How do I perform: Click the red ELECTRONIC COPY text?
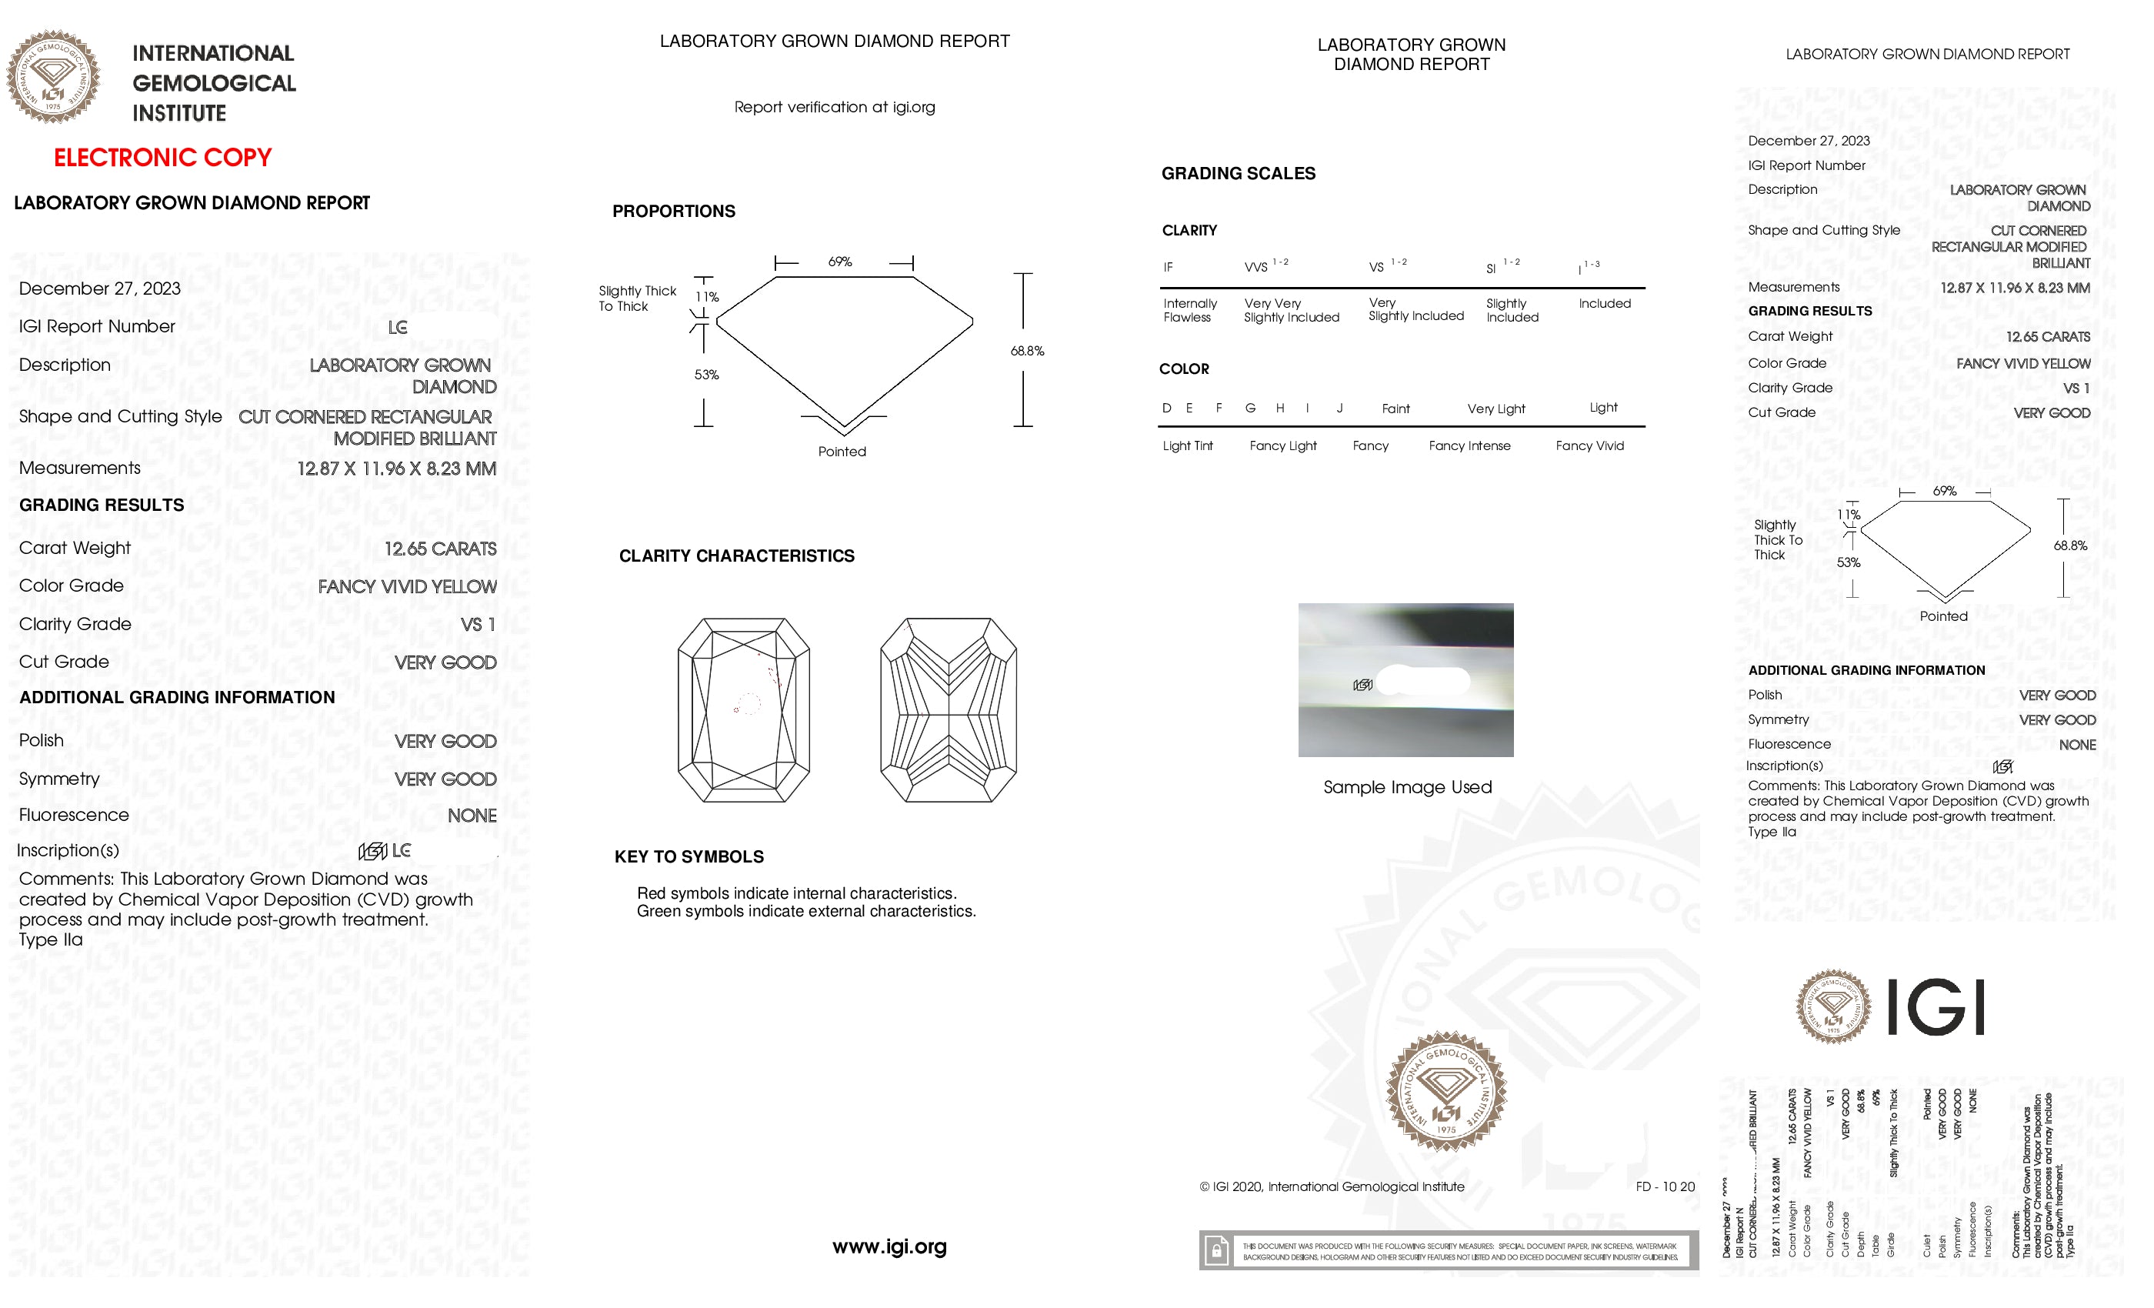coord(162,158)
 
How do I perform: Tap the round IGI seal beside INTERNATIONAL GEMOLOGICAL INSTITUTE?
coord(53,77)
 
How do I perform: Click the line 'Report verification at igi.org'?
coord(834,107)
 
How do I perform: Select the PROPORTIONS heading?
coord(673,211)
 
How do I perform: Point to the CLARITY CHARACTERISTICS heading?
coord(736,556)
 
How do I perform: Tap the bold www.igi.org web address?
coord(889,1246)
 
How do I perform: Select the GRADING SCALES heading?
coord(1238,173)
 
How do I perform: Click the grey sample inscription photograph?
coord(1405,679)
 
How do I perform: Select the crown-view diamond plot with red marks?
coord(743,709)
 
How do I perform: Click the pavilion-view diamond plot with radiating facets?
coord(948,709)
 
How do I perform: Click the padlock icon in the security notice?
coord(1216,1250)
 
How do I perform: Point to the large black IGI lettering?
coord(1936,1006)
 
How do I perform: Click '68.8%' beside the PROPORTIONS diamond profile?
coord(1027,351)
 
